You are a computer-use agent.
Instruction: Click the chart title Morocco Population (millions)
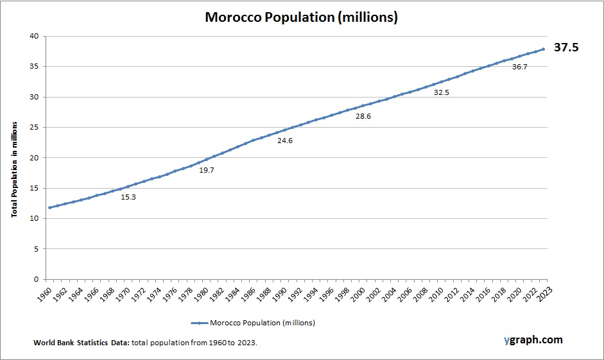pyautogui.click(x=301, y=17)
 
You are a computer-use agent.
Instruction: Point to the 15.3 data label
pyautogui.click(x=128, y=197)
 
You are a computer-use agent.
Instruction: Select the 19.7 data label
pyautogui.click(x=207, y=170)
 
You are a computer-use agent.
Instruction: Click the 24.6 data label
pyautogui.click(x=285, y=140)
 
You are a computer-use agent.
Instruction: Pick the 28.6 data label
pyautogui.click(x=363, y=116)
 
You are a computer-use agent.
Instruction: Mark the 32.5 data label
pyautogui.click(x=442, y=92)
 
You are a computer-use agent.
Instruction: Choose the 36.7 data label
pyautogui.click(x=520, y=67)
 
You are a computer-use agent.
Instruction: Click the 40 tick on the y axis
pyautogui.click(x=33, y=37)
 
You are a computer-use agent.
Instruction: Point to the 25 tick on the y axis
pyautogui.click(x=33, y=128)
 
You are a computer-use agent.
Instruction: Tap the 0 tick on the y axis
pyautogui.click(x=36, y=280)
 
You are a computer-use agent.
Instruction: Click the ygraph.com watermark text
pyautogui.click(x=533, y=339)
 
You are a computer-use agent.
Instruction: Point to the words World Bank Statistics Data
pyautogui.click(x=81, y=343)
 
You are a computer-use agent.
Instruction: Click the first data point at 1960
pyautogui.click(x=49, y=207)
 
